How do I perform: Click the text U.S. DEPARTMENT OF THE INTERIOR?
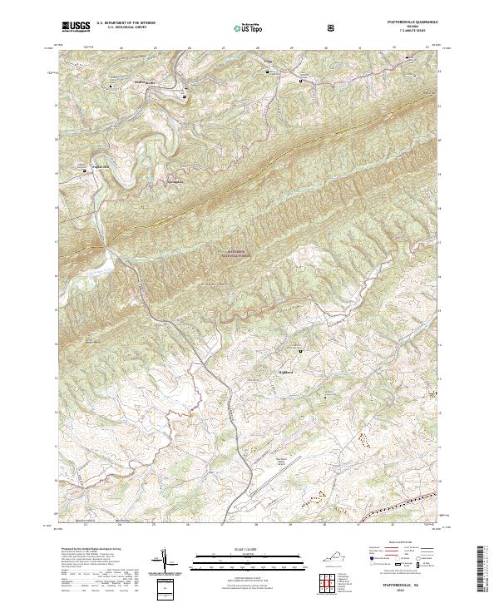(x=126, y=23)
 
